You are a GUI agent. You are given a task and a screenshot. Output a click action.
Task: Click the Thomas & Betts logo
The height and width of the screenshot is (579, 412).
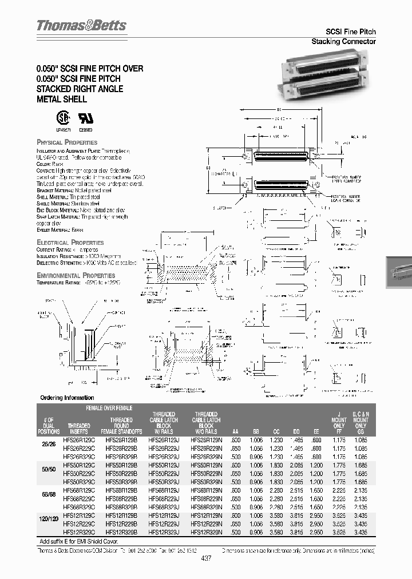coord(81,26)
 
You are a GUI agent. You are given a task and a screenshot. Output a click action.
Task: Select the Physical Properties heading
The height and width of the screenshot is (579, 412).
coord(67,142)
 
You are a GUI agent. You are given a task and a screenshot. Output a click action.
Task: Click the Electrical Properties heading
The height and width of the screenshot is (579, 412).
coord(70,243)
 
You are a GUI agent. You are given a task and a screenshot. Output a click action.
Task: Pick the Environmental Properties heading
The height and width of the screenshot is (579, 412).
coord(75,275)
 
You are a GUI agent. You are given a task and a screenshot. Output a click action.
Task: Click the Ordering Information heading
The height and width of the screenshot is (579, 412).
coord(67,398)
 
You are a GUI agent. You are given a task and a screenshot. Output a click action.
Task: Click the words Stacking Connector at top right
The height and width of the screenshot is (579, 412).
coord(343,42)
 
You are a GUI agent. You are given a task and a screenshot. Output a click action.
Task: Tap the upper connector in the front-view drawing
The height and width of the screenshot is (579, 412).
coord(278,157)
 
